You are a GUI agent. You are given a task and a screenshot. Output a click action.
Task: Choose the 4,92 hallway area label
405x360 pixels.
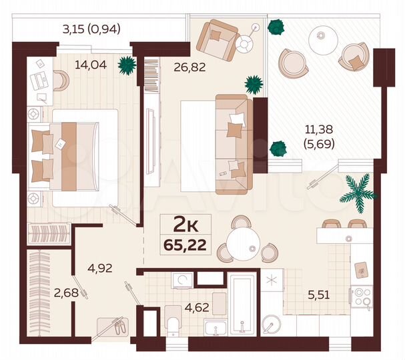101,270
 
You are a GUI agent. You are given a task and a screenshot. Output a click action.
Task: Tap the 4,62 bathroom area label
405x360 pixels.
177,309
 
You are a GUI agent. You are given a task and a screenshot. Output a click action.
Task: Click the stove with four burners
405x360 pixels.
362,297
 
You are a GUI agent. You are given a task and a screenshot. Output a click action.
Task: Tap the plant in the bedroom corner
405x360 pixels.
125,65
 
